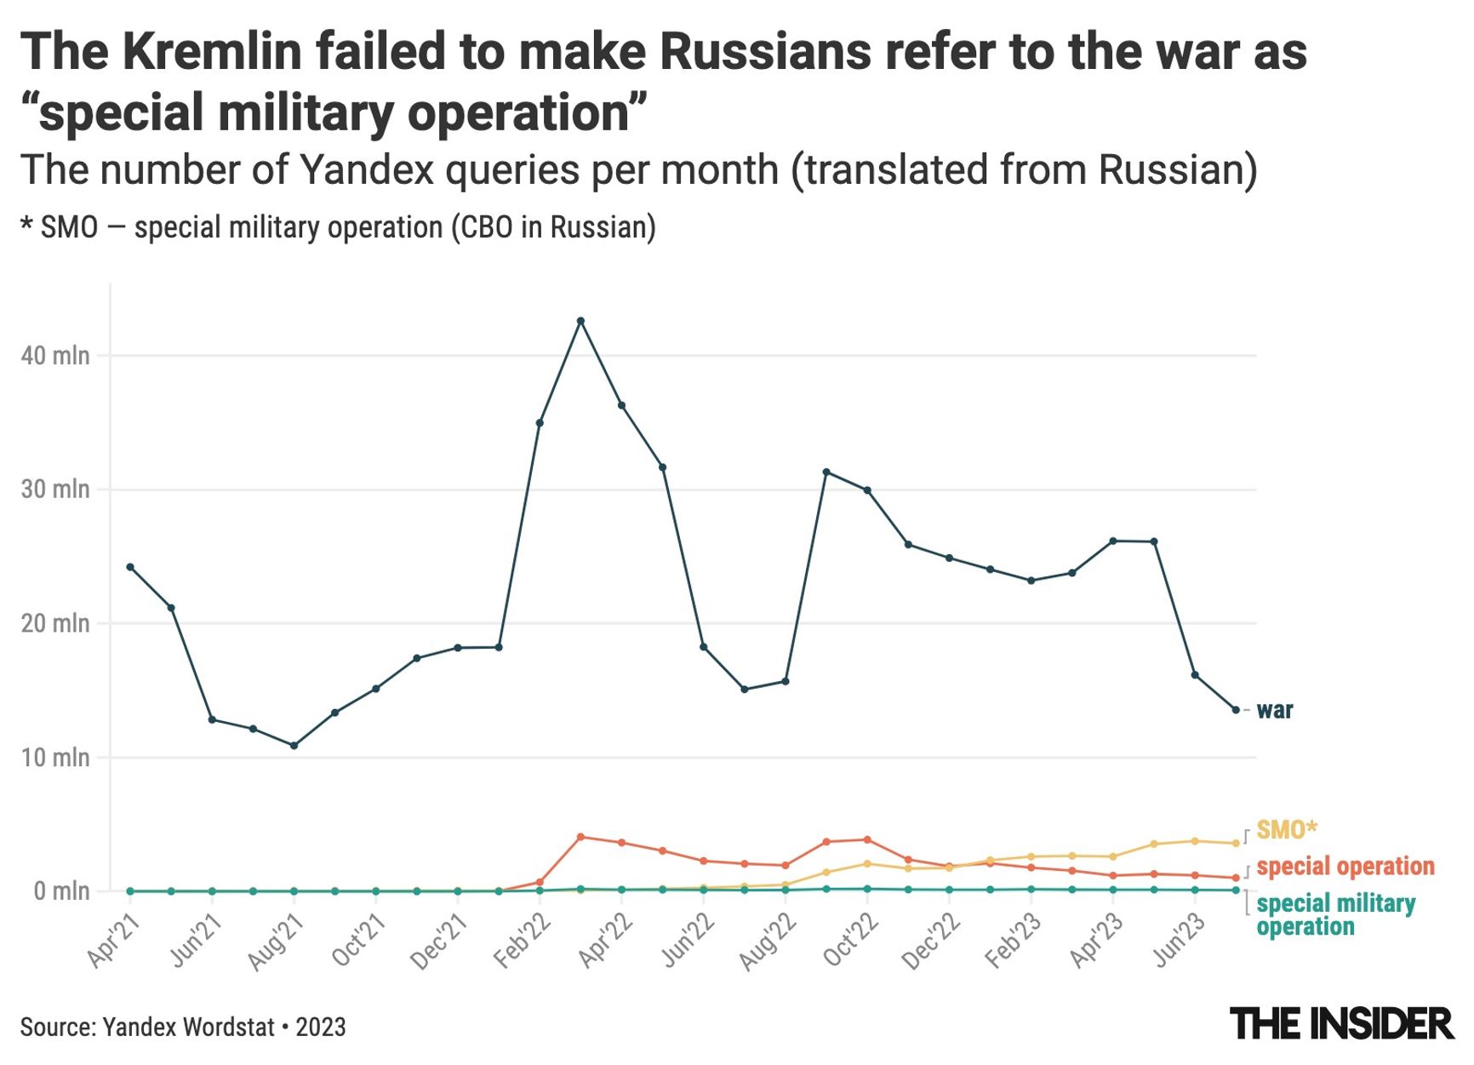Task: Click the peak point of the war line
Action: (580, 321)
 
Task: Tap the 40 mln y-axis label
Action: (55, 356)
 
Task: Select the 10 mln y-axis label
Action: (55, 758)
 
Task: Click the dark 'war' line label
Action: (1274, 710)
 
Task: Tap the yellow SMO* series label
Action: (1286, 829)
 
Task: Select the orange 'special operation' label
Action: (1345, 867)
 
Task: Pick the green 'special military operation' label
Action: (1334, 914)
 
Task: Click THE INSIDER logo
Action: (1341, 1023)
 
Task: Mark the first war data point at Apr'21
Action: (130, 567)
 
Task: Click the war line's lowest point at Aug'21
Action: (294, 746)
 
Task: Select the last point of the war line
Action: (1236, 710)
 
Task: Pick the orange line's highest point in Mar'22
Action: (580, 837)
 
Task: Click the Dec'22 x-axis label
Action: (932, 942)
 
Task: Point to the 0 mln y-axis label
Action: (61, 891)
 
